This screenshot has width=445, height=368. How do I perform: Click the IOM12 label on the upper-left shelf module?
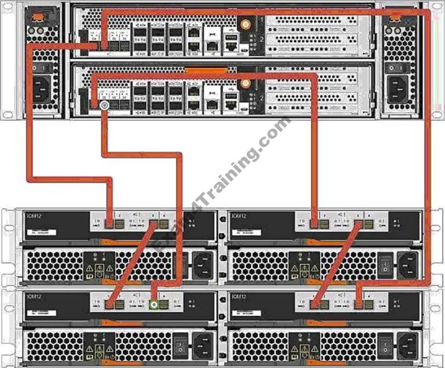tap(34, 216)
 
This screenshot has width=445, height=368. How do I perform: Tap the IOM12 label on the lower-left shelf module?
tap(34, 297)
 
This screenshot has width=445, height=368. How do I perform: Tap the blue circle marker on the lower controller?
tap(104, 104)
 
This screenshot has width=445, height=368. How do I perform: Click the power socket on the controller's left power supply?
tap(42, 87)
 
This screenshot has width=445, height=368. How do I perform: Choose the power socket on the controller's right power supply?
tap(400, 87)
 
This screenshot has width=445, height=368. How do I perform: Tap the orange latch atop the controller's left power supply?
tap(36, 17)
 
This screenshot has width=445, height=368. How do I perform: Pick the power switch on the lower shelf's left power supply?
tap(179, 345)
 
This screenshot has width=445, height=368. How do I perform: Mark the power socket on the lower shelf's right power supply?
tap(406, 345)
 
